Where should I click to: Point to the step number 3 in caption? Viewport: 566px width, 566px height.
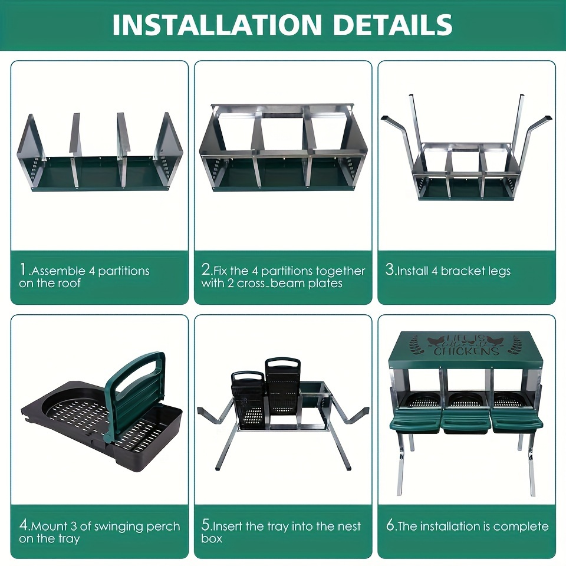(390, 271)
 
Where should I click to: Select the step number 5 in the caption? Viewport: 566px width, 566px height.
(206, 525)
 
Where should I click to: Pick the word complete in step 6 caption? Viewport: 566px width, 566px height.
(521, 526)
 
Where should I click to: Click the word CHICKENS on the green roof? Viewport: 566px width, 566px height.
(466, 351)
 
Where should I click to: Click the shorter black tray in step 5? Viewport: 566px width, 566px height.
(248, 398)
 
